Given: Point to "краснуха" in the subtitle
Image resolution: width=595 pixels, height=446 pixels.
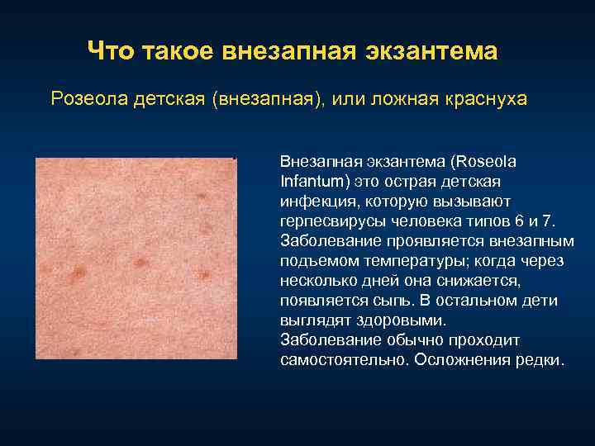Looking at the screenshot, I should pyautogui.click(x=484, y=99).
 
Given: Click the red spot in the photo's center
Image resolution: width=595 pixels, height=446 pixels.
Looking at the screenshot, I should pyautogui.click(x=141, y=263).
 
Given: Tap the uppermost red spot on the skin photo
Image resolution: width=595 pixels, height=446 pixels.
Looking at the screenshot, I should pyautogui.click(x=202, y=196).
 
